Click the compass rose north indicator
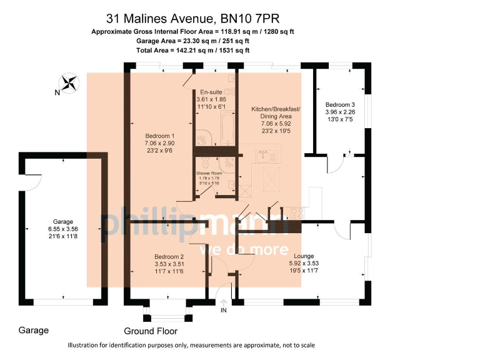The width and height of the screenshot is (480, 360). coord(69,82)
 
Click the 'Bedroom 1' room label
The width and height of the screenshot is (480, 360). coord(159,136)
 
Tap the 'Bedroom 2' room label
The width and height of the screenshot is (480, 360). coord(169,257)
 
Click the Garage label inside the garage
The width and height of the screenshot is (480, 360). coord(62,222)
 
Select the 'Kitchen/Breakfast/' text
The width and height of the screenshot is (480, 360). coord(276,109)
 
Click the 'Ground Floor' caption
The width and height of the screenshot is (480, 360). coord(151,331)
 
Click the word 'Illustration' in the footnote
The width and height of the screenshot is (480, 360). coord(85,346)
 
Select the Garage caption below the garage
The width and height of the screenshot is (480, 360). coord(34,330)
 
